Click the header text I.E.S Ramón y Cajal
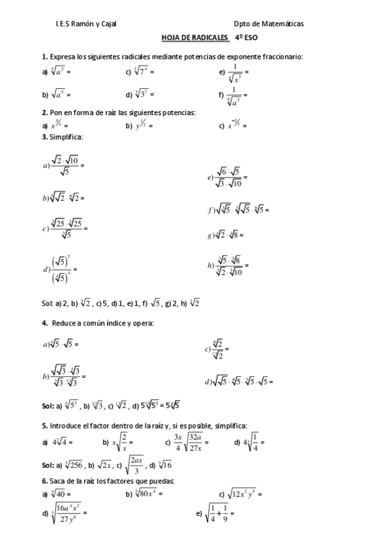coord(89,24)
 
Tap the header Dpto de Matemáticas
coord(269,24)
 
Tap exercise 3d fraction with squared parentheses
coord(59,269)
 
